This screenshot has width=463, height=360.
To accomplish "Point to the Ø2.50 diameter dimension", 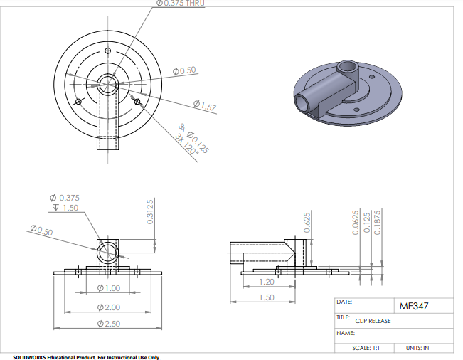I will click(108, 324).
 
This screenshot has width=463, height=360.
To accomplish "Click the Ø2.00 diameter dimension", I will click(108, 307).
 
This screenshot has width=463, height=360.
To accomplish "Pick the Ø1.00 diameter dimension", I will click(108, 288).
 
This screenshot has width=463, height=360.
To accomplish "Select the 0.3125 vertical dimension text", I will click(150, 212).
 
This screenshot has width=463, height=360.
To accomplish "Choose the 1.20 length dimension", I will click(266, 282).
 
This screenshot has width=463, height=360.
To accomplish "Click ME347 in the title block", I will click(416, 307).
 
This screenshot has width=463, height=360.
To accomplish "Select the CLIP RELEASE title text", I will click(373, 321).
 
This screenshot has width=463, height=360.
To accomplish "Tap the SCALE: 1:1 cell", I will click(366, 348).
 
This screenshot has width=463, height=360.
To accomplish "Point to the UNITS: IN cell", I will click(417, 348).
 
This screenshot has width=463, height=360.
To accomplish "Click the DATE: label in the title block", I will click(344, 302).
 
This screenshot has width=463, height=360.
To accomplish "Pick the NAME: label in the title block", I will click(345, 333).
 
